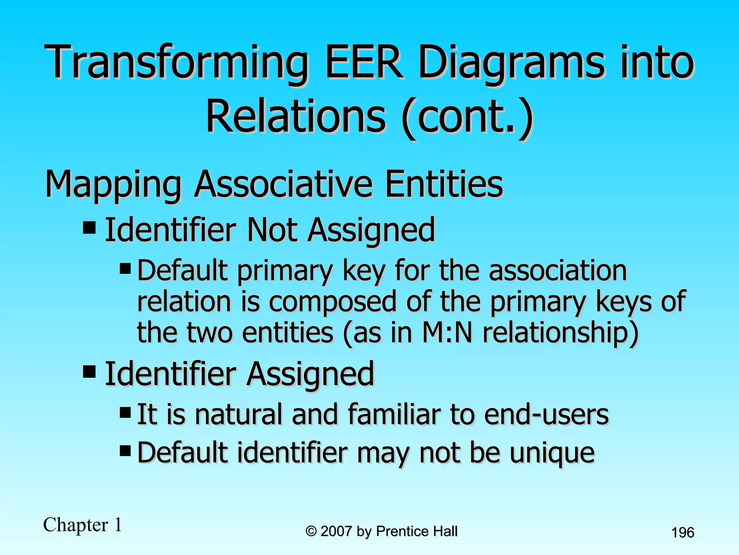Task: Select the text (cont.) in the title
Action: click(467, 117)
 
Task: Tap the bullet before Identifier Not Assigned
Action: click(89, 228)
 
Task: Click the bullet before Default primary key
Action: click(125, 268)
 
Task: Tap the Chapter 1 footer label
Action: click(83, 525)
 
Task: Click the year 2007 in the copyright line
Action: click(336, 531)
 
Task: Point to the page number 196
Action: click(683, 533)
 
